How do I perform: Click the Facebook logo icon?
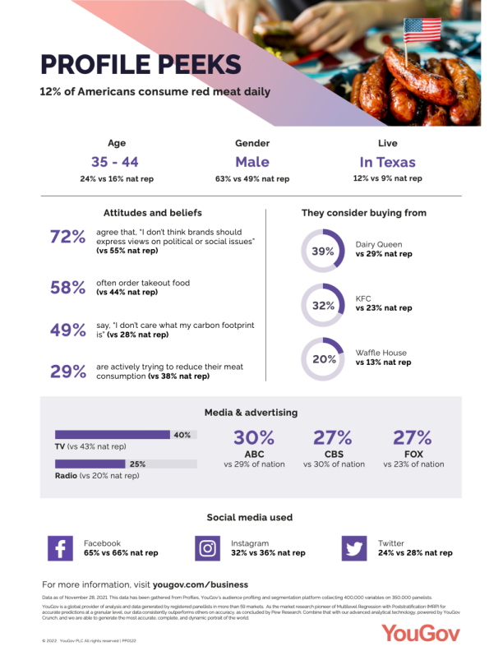(x=60, y=548)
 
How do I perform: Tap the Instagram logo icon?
(x=208, y=548)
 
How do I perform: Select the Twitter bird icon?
(x=354, y=548)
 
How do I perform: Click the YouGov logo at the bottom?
(x=420, y=631)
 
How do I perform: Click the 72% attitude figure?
(x=68, y=237)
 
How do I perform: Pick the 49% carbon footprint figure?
(x=68, y=330)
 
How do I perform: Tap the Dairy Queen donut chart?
(x=322, y=251)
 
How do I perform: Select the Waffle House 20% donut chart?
(x=322, y=358)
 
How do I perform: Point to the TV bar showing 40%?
(x=123, y=435)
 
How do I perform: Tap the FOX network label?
(x=413, y=452)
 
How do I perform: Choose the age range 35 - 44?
(x=114, y=162)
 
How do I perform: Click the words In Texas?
(x=387, y=162)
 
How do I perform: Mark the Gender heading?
(x=251, y=143)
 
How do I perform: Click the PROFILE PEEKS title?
(x=141, y=65)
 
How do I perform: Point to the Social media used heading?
(x=249, y=518)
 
